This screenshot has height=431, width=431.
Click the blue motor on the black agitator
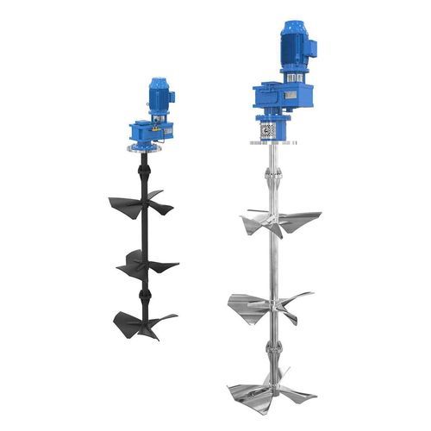coord(159,97)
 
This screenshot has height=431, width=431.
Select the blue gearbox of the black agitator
coord(147,132)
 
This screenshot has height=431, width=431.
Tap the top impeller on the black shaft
coord(140,203)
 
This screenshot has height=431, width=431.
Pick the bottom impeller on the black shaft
coord(143,322)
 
